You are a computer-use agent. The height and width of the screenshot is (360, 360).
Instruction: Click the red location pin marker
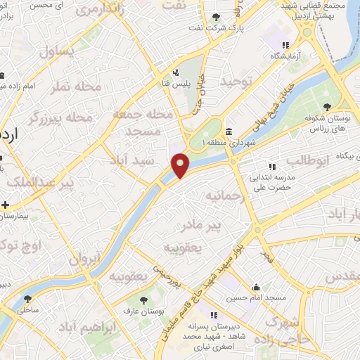pyautogui.click(x=181, y=165)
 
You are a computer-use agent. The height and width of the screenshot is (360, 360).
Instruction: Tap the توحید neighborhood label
pyautogui.click(x=233, y=82)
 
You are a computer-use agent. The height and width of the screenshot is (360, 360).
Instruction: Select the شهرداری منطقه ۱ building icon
pyautogui.click(x=229, y=131)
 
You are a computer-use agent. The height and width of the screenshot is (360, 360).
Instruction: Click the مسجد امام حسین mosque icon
pyautogui.click(x=257, y=287)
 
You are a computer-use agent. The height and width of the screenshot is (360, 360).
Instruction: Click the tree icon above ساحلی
pyautogui.click(x=27, y=297)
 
